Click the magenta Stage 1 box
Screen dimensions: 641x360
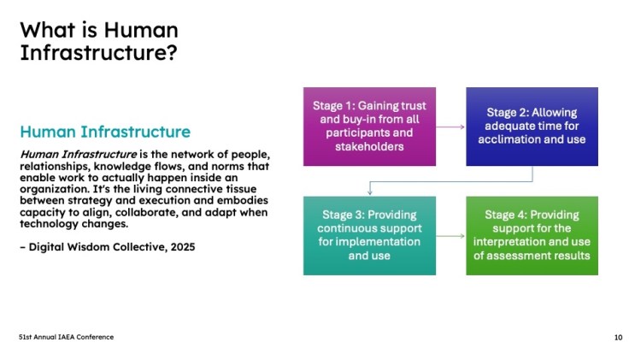tap(369, 127)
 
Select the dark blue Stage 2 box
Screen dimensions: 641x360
tap(532, 127)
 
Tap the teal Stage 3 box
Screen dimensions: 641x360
tap(369, 236)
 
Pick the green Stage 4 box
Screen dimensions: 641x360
tap(532, 236)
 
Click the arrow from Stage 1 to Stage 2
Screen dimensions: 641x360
tap(450, 127)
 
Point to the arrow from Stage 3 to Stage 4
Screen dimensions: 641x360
tap(450, 236)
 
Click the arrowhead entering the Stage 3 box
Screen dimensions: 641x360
tap(369, 192)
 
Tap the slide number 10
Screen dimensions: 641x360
tap(618, 338)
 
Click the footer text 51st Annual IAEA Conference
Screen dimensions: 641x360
tap(66, 337)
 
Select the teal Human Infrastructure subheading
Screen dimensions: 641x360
tap(105, 132)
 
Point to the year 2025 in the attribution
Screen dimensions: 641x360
tap(183, 247)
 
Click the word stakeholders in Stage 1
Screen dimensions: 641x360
tap(369, 146)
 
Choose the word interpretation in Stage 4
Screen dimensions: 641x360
tap(509, 242)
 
